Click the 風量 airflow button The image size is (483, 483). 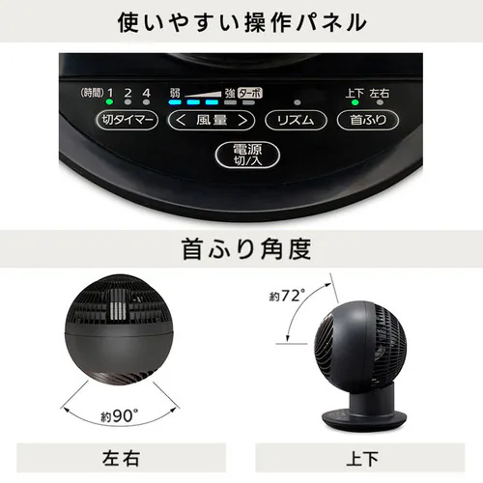211,121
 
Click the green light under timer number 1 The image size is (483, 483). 110,101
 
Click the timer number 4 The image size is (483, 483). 146,93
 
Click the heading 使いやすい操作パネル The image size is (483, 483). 241,20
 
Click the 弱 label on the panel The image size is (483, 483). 174,92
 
